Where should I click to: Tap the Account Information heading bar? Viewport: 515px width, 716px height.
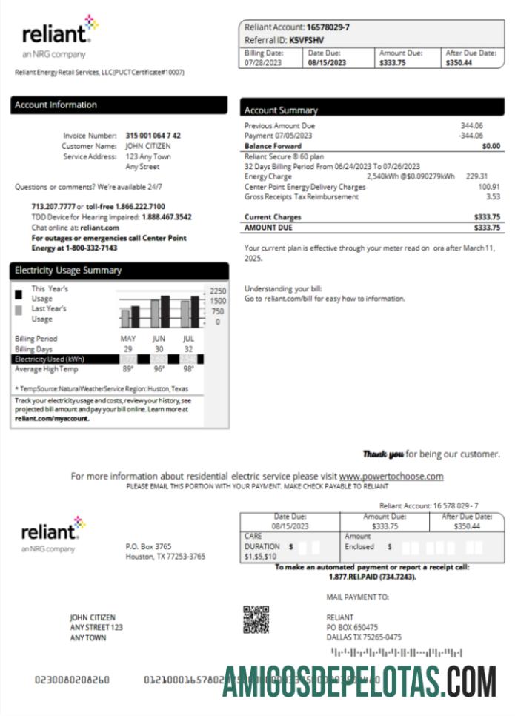click(x=119, y=105)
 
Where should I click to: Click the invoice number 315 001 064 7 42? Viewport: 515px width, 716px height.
click(x=153, y=136)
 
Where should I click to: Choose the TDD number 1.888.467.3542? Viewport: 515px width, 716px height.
click(x=167, y=217)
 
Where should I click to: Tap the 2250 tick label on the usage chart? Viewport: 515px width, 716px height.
click(x=217, y=291)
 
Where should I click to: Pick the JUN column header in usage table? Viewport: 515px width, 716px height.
click(x=159, y=339)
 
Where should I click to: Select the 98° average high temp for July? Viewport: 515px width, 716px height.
click(x=188, y=369)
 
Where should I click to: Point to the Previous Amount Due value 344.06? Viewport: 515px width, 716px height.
click(x=471, y=126)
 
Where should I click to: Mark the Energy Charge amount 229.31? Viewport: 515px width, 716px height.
click(x=476, y=176)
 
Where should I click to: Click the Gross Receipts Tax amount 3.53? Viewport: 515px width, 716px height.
click(x=493, y=196)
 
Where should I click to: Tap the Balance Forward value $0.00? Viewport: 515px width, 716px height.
click(x=491, y=146)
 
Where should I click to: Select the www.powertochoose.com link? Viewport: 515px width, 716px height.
click(x=391, y=476)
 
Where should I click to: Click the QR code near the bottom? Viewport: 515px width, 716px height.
click(x=256, y=619)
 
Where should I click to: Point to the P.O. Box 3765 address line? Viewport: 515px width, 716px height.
click(x=148, y=546)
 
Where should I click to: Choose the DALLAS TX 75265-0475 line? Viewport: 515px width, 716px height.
click(x=364, y=637)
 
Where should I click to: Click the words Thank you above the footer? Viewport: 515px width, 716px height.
click(x=383, y=454)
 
